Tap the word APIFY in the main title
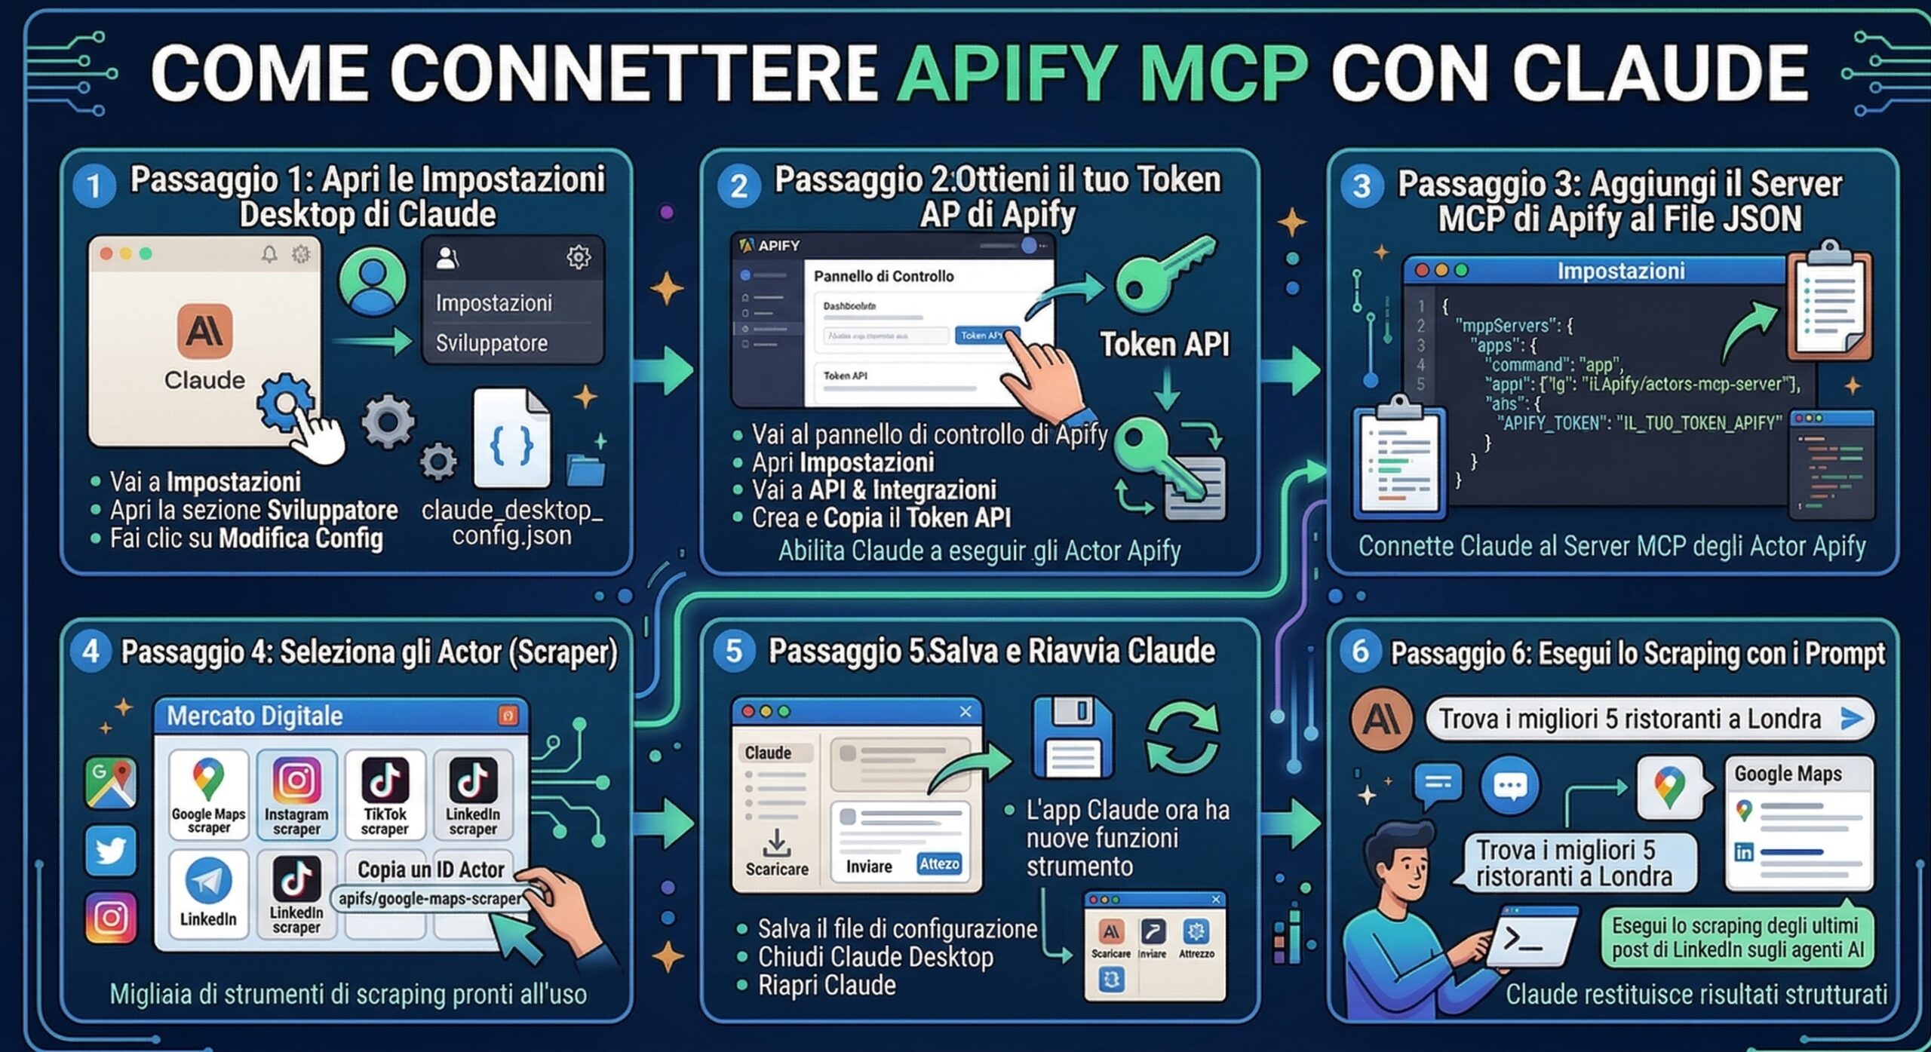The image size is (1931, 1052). tap(1008, 74)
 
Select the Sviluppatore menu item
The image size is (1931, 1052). tap(491, 344)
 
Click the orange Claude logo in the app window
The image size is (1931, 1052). tap(204, 332)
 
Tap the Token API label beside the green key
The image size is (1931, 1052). tap(1164, 345)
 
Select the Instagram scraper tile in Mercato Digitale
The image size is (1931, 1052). tap(296, 795)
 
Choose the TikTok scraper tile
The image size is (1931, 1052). tap(385, 795)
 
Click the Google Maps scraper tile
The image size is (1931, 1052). tap(208, 795)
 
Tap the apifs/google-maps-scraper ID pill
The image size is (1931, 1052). tap(429, 898)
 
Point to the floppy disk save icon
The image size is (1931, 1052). tap(1072, 738)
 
